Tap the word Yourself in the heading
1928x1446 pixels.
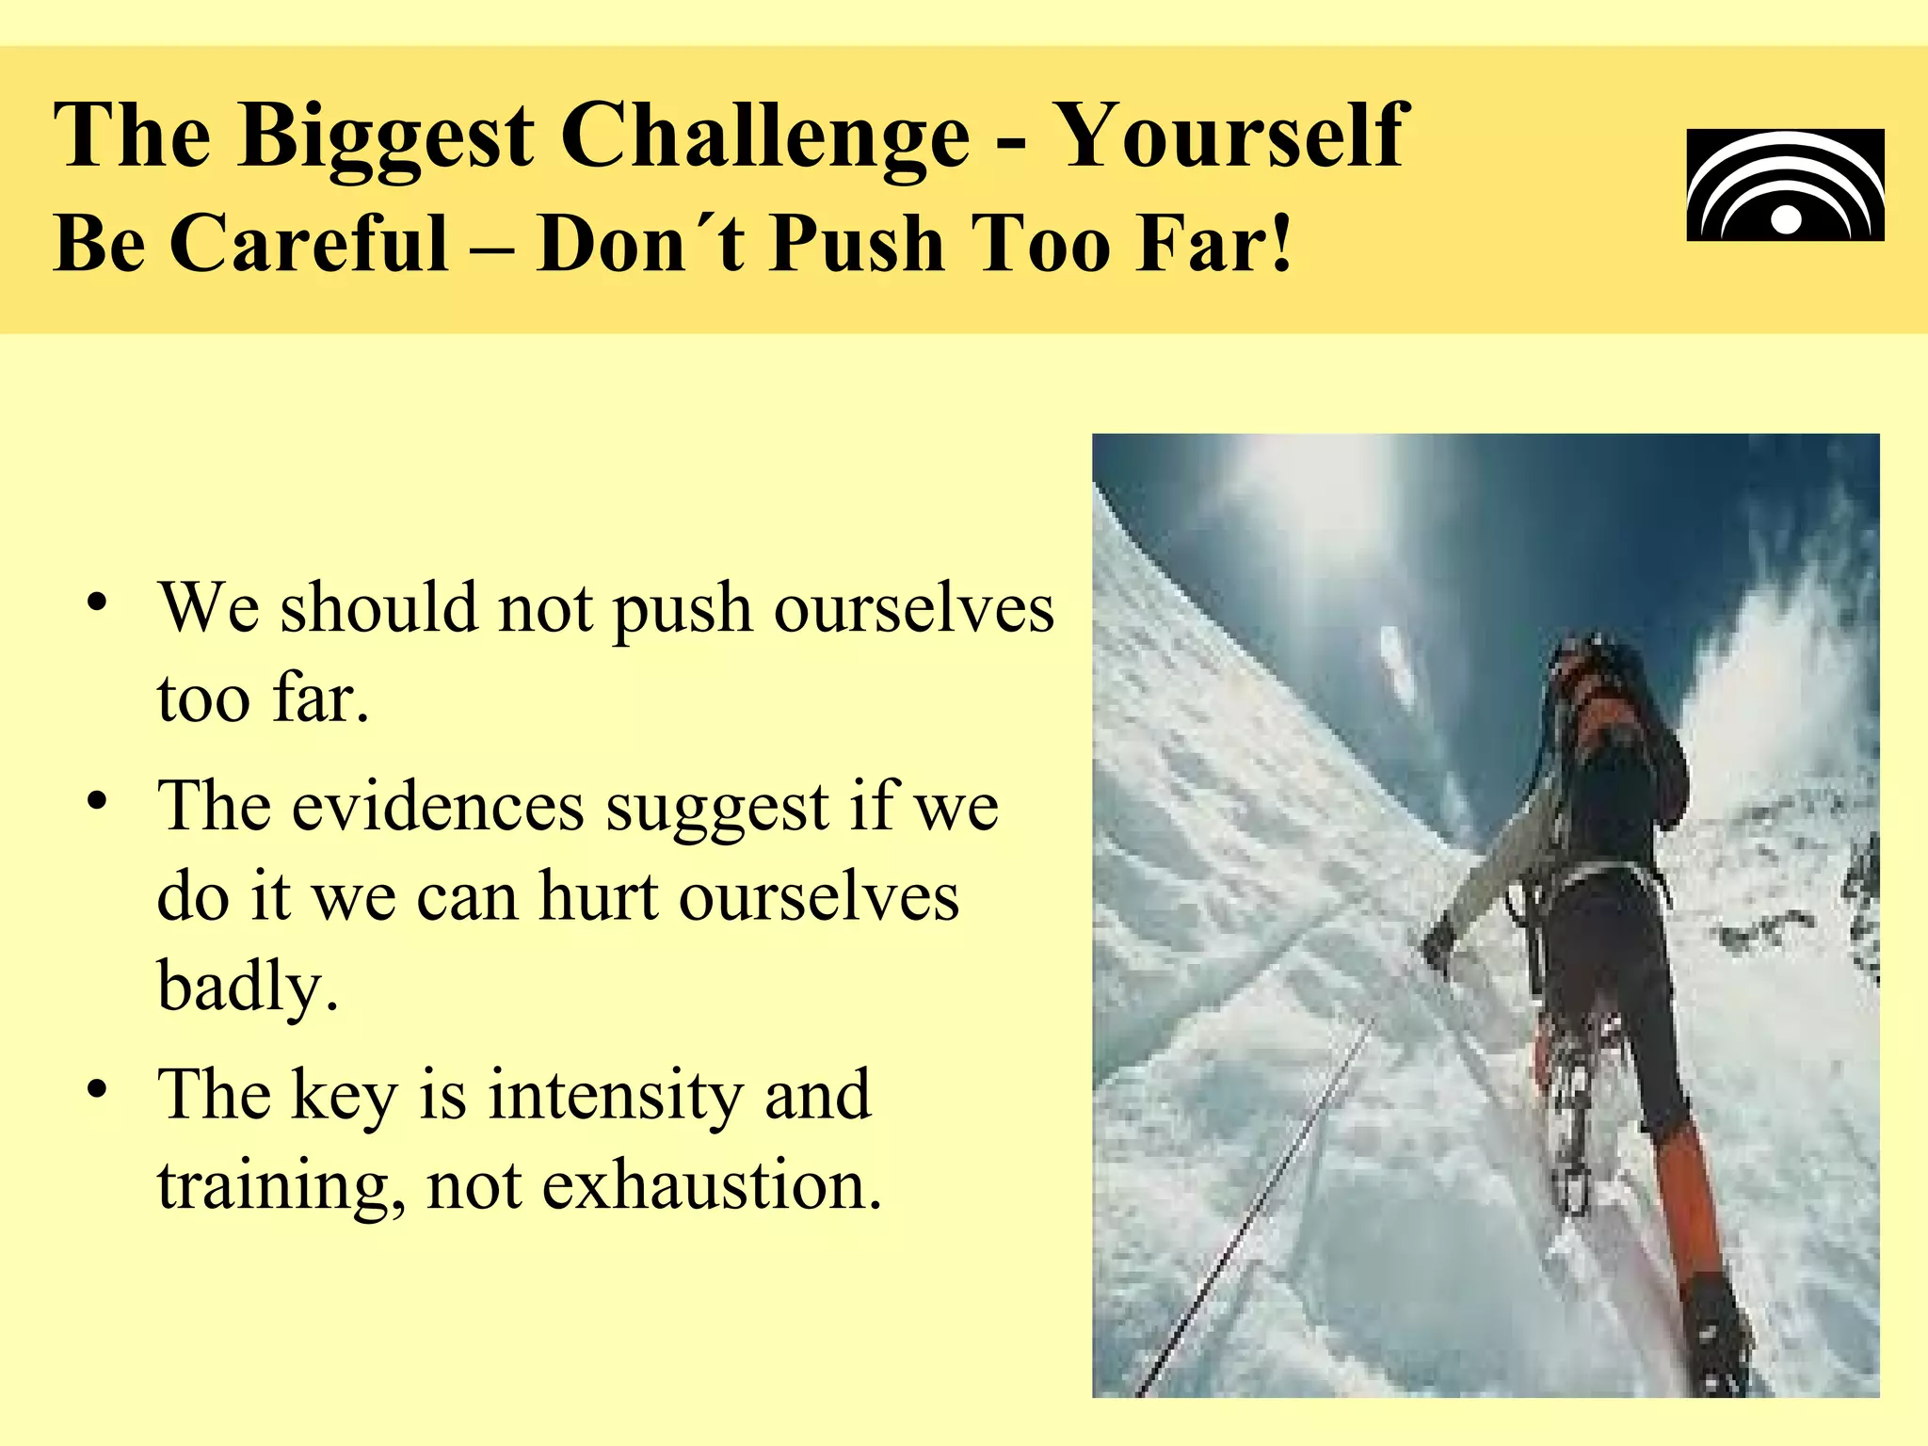click(1231, 137)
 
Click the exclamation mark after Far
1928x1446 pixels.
click(1280, 243)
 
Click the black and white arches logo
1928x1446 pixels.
click(1785, 185)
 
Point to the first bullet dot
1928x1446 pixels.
click(96, 602)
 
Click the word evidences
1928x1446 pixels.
click(438, 808)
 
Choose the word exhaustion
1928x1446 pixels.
click(712, 1186)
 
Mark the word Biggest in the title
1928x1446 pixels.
click(386, 138)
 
